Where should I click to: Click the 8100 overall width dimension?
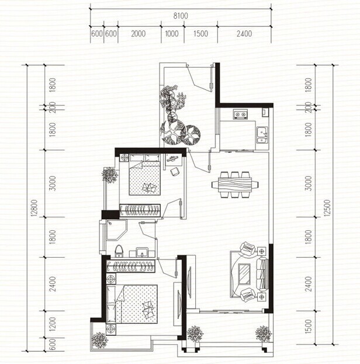pyautogui.click(x=181, y=16)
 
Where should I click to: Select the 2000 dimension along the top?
pyautogui.click(x=138, y=34)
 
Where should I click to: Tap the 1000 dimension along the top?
pyautogui.click(x=172, y=34)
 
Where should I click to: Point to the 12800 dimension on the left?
pyautogui.click(x=34, y=208)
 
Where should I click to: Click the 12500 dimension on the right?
pyautogui.click(x=327, y=208)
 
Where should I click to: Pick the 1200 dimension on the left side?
pyautogui.click(x=53, y=324)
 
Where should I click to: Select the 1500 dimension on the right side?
pyautogui.click(x=308, y=327)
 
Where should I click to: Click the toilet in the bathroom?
pyautogui.click(x=119, y=251)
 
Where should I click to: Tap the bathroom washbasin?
pyautogui.click(x=142, y=252)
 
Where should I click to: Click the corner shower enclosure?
pyautogui.click(x=116, y=230)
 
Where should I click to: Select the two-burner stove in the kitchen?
pyautogui.click(x=240, y=114)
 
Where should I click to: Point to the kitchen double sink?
pyautogui.click(x=262, y=134)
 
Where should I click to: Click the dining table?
pyautogui.click(x=235, y=185)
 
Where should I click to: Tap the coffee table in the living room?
pyautogui.click(x=244, y=274)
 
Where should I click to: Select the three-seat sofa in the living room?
pyautogui.click(x=262, y=274)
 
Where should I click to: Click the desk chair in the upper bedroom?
pyautogui.click(x=175, y=172)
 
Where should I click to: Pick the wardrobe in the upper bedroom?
pyautogui.click(x=140, y=210)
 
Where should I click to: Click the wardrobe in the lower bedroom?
pyautogui.click(x=130, y=266)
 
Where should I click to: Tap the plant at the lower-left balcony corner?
pyautogui.click(x=99, y=340)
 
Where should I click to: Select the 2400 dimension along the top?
pyautogui.click(x=244, y=34)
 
